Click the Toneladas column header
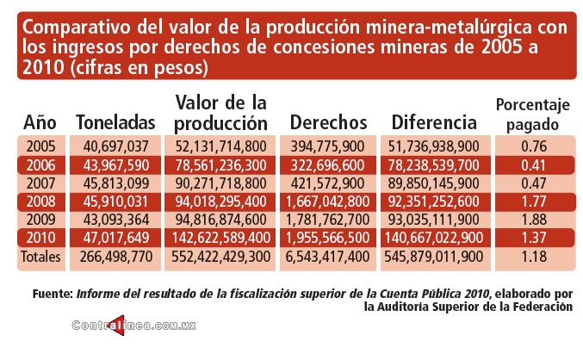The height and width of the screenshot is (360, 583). pyautogui.click(x=116, y=122)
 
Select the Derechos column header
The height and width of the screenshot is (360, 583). pyautogui.click(x=329, y=122)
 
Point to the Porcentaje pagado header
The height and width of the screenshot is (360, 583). pyautogui.click(x=533, y=115)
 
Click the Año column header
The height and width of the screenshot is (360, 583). pyautogui.click(x=40, y=122)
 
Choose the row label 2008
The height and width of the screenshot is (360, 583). pyautogui.click(x=40, y=202)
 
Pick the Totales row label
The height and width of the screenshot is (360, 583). pyautogui.click(x=40, y=256)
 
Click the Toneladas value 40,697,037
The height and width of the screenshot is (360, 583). pyautogui.click(x=116, y=146)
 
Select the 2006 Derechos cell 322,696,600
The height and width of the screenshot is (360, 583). pyautogui.click(x=329, y=164)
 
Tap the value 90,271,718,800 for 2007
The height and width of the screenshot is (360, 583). pyautogui.click(x=221, y=183)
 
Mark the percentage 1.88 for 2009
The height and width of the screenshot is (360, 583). pyautogui.click(x=533, y=220)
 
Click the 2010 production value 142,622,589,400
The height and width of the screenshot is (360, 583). pyautogui.click(x=221, y=238)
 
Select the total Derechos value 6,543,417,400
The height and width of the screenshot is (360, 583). pyautogui.click(x=329, y=256)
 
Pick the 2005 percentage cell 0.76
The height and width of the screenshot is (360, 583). pyautogui.click(x=533, y=146)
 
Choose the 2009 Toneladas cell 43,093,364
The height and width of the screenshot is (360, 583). pyautogui.click(x=116, y=220)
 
